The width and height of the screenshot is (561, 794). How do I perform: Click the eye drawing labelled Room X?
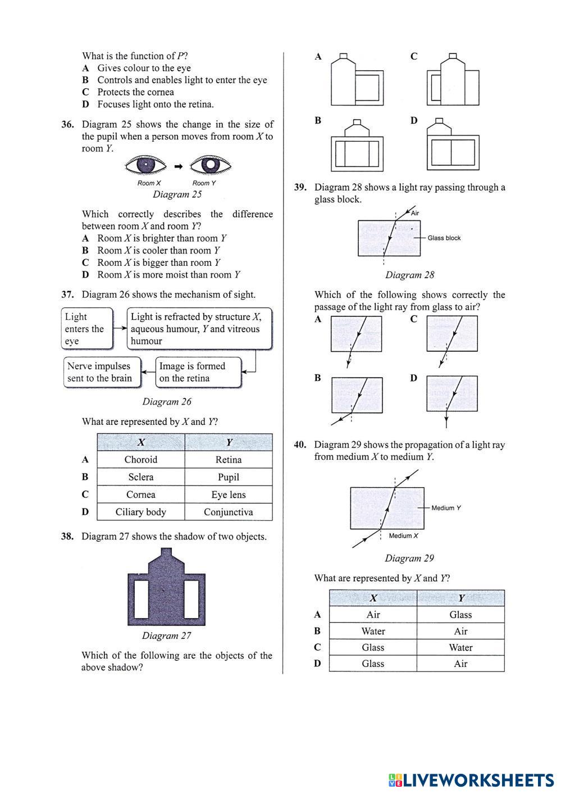[x=146, y=166]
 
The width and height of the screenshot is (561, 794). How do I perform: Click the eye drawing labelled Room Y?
[x=211, y=166]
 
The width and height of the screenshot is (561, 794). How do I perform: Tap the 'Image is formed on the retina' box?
[x=198, y=372]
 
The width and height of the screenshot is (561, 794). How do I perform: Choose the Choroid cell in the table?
[x=140, y=460]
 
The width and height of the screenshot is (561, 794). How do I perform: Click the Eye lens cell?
[x=228, y=495]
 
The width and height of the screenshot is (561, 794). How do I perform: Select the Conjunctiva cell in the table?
[x=228, y=512]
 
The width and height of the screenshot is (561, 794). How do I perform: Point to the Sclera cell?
[x=140, y=477]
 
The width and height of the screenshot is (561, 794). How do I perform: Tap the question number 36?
[x=67, y=125]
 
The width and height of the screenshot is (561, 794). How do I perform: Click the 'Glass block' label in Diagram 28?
[x=444, y=238]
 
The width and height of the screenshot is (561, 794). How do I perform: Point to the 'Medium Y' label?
[x=446, y=508]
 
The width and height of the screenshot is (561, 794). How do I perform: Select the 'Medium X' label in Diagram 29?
[x=403, y=536]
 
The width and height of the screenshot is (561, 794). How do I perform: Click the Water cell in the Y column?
[x=460, y=647]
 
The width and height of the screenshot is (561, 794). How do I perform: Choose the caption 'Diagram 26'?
[x=167, y=402]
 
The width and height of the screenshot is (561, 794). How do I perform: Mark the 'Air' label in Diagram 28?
[x=415, y=213]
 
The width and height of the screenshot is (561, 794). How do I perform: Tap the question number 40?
[x=300, y=445]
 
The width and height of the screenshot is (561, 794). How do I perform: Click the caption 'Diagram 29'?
[x=409, y=559]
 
